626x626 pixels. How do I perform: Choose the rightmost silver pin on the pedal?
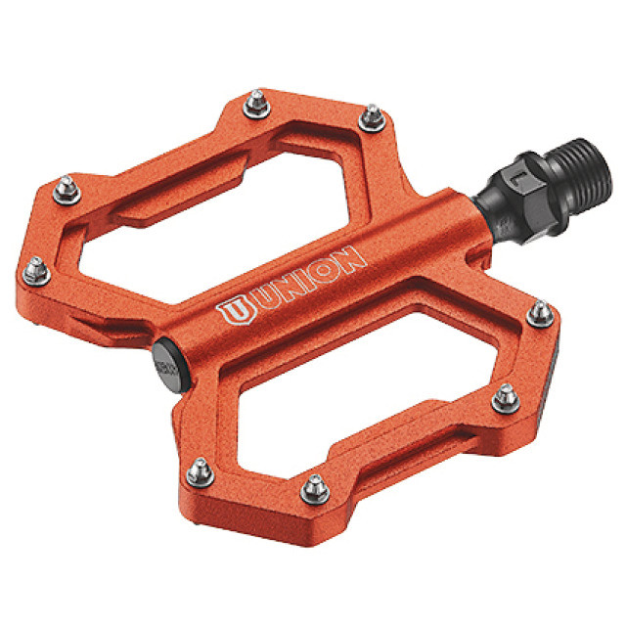(x=538, y=314)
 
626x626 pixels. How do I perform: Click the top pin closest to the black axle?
(x=371, y=118)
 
